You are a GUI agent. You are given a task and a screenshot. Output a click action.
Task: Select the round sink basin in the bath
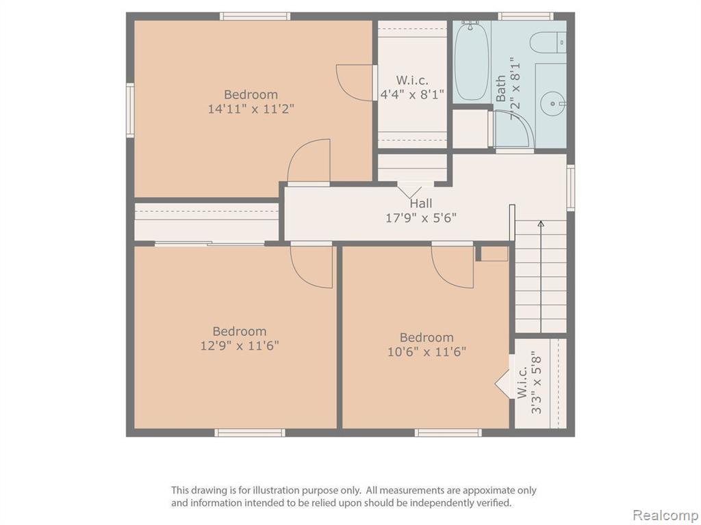552,104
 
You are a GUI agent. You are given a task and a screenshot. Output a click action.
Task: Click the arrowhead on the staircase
541,224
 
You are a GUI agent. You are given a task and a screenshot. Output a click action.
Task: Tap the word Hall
421,204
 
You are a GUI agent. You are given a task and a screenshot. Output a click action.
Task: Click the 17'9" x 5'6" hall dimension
421,218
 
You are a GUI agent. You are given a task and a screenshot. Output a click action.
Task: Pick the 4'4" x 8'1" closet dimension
411,94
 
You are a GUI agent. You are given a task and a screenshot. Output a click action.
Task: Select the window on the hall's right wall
570,187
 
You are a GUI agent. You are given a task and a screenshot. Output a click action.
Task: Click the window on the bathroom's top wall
525,16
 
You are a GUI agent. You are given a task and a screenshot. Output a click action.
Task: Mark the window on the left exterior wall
130,110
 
